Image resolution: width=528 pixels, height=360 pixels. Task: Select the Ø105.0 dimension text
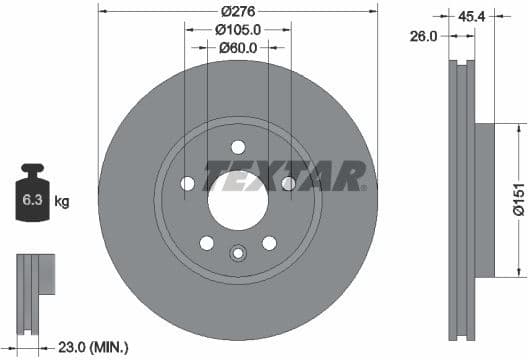click(x=238, y=30)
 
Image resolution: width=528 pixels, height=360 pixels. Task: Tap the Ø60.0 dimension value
click(x=238, y=47)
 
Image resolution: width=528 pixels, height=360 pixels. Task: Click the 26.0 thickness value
click(x=425, y=36)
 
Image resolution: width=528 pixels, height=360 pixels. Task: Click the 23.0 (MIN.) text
click(x=95, y=347)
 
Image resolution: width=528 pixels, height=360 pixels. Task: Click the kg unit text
click(x=61, y=202)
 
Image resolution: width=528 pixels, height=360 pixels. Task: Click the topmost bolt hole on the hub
click(x=238, y=146)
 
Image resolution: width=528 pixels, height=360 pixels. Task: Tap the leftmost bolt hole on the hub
click(x=188, y=183)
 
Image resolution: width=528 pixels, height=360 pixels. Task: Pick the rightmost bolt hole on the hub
click(x=288, y=183)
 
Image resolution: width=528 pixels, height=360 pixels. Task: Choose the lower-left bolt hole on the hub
click(x=207, y=243)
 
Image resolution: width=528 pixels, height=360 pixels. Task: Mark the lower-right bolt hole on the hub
click(x=269, y=243)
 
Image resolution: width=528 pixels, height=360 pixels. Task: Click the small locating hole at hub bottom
click(x=238, y=253)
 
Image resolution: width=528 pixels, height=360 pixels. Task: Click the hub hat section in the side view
click(x=483, y=198)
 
